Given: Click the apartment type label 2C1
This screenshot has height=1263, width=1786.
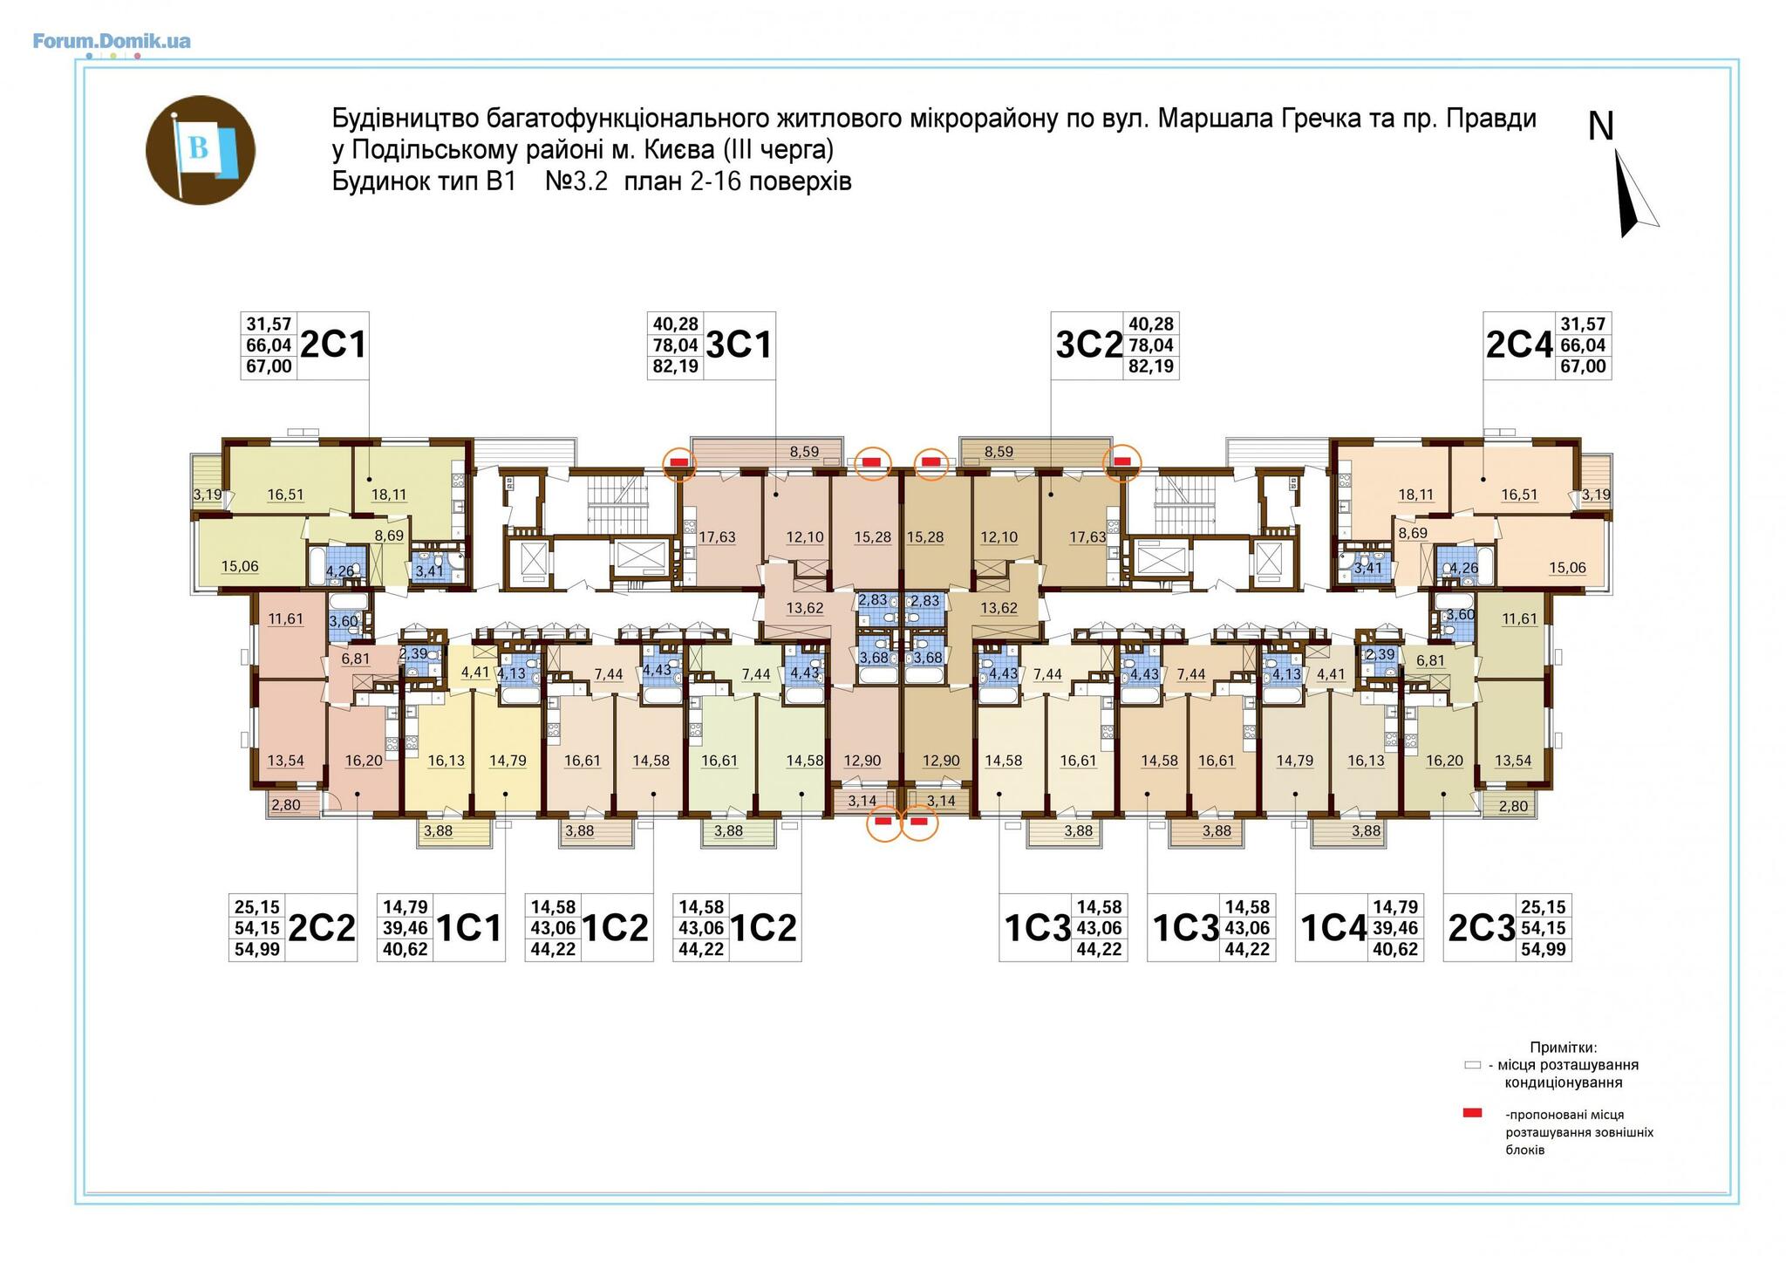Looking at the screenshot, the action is click(x=333, y=345).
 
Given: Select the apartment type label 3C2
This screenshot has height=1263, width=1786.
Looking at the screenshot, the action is click(x=1088, y=345).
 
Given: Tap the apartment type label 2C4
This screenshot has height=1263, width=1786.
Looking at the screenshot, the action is click(x=1519, y=345).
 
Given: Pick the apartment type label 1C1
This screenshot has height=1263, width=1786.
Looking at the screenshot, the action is click(x=469, y=928).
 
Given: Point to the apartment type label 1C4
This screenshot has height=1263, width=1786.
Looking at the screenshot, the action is click(x=1333, y=928).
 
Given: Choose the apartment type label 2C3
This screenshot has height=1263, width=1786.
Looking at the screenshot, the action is click(x=1482, y=928).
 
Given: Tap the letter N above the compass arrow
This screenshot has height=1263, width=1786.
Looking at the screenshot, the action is click(x=1601, y=126).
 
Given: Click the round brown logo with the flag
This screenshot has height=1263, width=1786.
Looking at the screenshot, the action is click(x=200, y=150).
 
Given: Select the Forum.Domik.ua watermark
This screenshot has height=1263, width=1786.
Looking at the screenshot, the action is click(x=112, y=40).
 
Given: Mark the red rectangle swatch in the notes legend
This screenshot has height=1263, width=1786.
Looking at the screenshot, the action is click(x=1473, y=1113).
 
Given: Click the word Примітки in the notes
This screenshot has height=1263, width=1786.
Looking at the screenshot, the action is click(x=1563, y=1047).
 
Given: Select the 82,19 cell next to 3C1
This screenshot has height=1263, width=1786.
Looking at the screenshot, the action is click(x=675, y=366).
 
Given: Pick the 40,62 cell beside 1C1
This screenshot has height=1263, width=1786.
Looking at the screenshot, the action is click(x=406, y=949).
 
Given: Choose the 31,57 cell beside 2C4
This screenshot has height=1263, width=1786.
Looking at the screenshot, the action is click(x=1583, y=324).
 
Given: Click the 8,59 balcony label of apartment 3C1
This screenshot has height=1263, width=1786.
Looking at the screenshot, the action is click(x=804, y=452).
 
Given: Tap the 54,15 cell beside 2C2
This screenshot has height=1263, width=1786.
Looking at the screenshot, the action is click(x=257, y=928).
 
